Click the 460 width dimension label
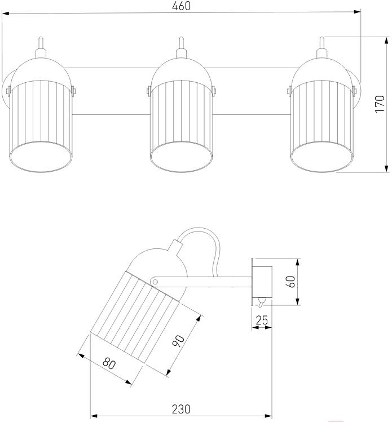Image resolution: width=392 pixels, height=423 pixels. [x=182, y=6]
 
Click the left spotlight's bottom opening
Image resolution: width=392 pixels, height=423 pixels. [x=42, y=157]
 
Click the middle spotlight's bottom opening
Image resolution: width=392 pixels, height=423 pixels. [x=182, y=157]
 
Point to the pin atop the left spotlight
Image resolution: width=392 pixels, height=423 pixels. [x=41, y=44]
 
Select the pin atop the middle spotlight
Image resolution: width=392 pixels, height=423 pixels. [x=180, y=44]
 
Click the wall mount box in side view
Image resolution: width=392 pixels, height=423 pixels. [x=262, y=282]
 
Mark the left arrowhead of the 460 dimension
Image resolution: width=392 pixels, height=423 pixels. [x=5, y=11]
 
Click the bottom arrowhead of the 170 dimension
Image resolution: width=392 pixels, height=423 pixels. [x=386, y=168]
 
